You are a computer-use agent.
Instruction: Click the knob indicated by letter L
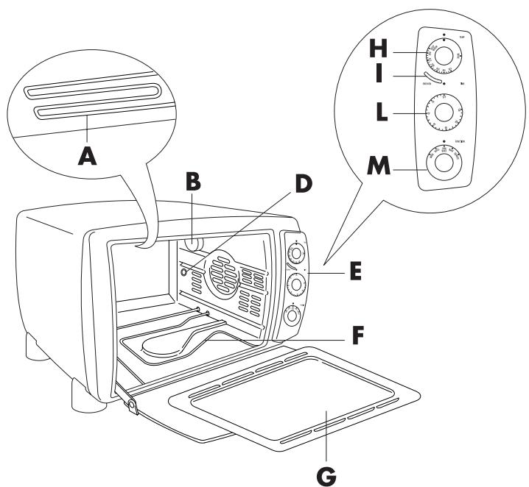(x=444, y=111)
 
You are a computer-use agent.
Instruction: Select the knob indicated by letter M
(x=444, y=163)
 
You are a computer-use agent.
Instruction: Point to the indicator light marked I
(x=433, y=77)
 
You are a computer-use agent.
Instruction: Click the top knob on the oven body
(x=296, y=253)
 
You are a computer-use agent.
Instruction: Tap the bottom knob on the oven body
(x=292, y=316)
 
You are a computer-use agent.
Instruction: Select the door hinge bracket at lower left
(x=130, y=405)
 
